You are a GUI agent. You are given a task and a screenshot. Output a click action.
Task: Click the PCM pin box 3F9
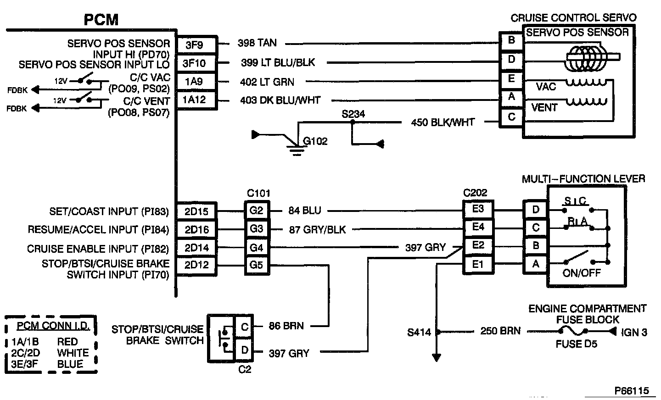[195, 45]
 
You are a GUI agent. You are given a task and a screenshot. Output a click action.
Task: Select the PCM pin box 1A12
[195, 100]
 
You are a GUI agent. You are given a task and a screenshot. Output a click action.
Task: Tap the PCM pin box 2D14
[196, 248]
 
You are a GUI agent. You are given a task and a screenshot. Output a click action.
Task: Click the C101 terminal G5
[256, 265]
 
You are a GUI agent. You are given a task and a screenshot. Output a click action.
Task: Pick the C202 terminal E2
[478, 245]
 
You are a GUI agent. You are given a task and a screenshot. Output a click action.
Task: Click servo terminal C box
[511, 117]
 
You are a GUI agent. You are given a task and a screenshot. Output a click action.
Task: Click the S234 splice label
[353, 113]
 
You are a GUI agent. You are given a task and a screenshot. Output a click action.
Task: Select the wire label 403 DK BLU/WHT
[280, 100]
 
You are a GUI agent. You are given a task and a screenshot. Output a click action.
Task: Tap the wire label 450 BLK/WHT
[443, 122]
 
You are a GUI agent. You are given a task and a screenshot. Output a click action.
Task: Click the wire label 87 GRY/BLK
[317, 229]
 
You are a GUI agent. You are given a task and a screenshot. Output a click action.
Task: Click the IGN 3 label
[634, 332]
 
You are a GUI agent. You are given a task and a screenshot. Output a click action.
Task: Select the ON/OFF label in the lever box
[582, 273]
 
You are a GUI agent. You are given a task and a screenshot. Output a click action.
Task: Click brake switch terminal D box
[244, 350]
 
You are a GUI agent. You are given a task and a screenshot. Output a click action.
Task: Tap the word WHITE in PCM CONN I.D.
[73, 353]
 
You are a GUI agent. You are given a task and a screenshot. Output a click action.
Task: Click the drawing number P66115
[632, 390]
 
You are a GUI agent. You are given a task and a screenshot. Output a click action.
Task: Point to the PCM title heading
[101, 20]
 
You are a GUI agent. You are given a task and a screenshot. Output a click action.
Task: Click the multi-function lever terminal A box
[535, 264]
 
